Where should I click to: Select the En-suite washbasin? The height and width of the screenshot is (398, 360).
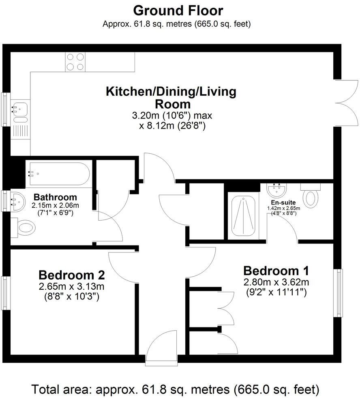coord(278,189)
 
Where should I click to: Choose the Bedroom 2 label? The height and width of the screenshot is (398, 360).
coord(72,275)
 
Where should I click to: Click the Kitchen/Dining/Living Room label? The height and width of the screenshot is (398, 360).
coord(171,97)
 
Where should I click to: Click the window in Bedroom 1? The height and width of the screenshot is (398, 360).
coord(338,292)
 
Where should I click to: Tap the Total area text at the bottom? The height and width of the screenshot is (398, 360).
coord(176,390)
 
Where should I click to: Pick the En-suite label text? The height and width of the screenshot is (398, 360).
coord(283,202)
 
